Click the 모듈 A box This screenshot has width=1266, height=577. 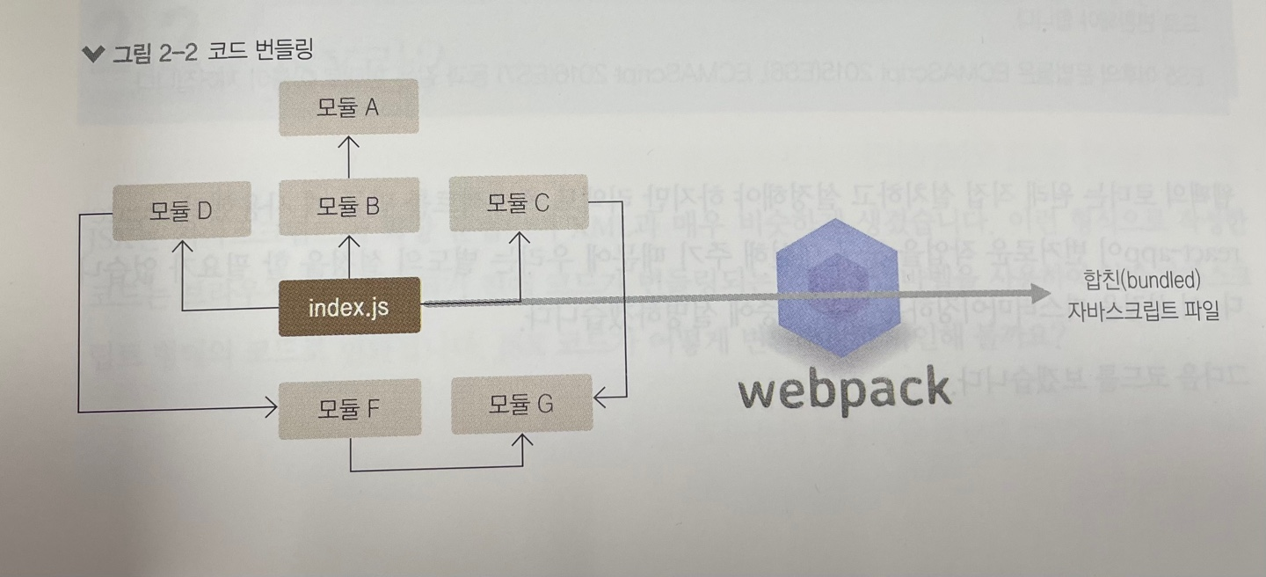tap(348, 108)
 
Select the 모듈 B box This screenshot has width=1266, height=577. tap(348, 208)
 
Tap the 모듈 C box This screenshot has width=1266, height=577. tap(518, 203)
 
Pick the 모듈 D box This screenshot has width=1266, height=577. tap(182, 211)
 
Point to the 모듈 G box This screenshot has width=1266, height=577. tap(521, 405)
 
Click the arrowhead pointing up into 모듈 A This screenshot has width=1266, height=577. tap(349, 142)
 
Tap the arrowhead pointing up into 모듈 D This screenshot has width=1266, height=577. tap(182, 245)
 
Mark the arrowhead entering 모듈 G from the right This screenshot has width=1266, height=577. tap(601, 399)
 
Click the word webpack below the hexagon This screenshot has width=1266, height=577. tap(844, 390)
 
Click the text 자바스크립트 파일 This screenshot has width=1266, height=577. tap(1143, 310)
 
